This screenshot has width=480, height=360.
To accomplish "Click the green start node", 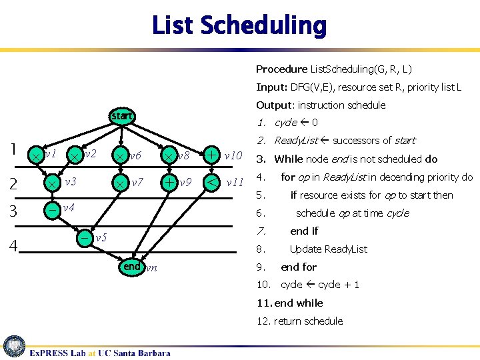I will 122,117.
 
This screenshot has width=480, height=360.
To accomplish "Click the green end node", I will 131,267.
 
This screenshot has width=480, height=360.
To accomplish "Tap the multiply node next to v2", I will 76,155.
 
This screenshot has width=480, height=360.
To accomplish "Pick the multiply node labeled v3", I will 52,182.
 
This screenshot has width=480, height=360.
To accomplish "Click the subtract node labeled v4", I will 52,209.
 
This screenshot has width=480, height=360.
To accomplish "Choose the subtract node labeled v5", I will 86,237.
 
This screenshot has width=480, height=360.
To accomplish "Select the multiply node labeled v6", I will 121,155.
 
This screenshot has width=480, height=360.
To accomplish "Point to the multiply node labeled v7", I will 121,182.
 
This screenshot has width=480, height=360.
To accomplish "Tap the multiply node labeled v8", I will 169,155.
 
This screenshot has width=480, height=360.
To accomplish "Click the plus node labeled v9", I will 170,182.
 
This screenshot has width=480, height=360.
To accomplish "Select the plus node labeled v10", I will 211,155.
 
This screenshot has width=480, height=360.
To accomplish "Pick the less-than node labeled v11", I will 211,182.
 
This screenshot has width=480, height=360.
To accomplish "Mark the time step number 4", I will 13,247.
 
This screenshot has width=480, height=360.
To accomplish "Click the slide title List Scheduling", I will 239,26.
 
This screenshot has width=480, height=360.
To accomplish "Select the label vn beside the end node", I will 151,268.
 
